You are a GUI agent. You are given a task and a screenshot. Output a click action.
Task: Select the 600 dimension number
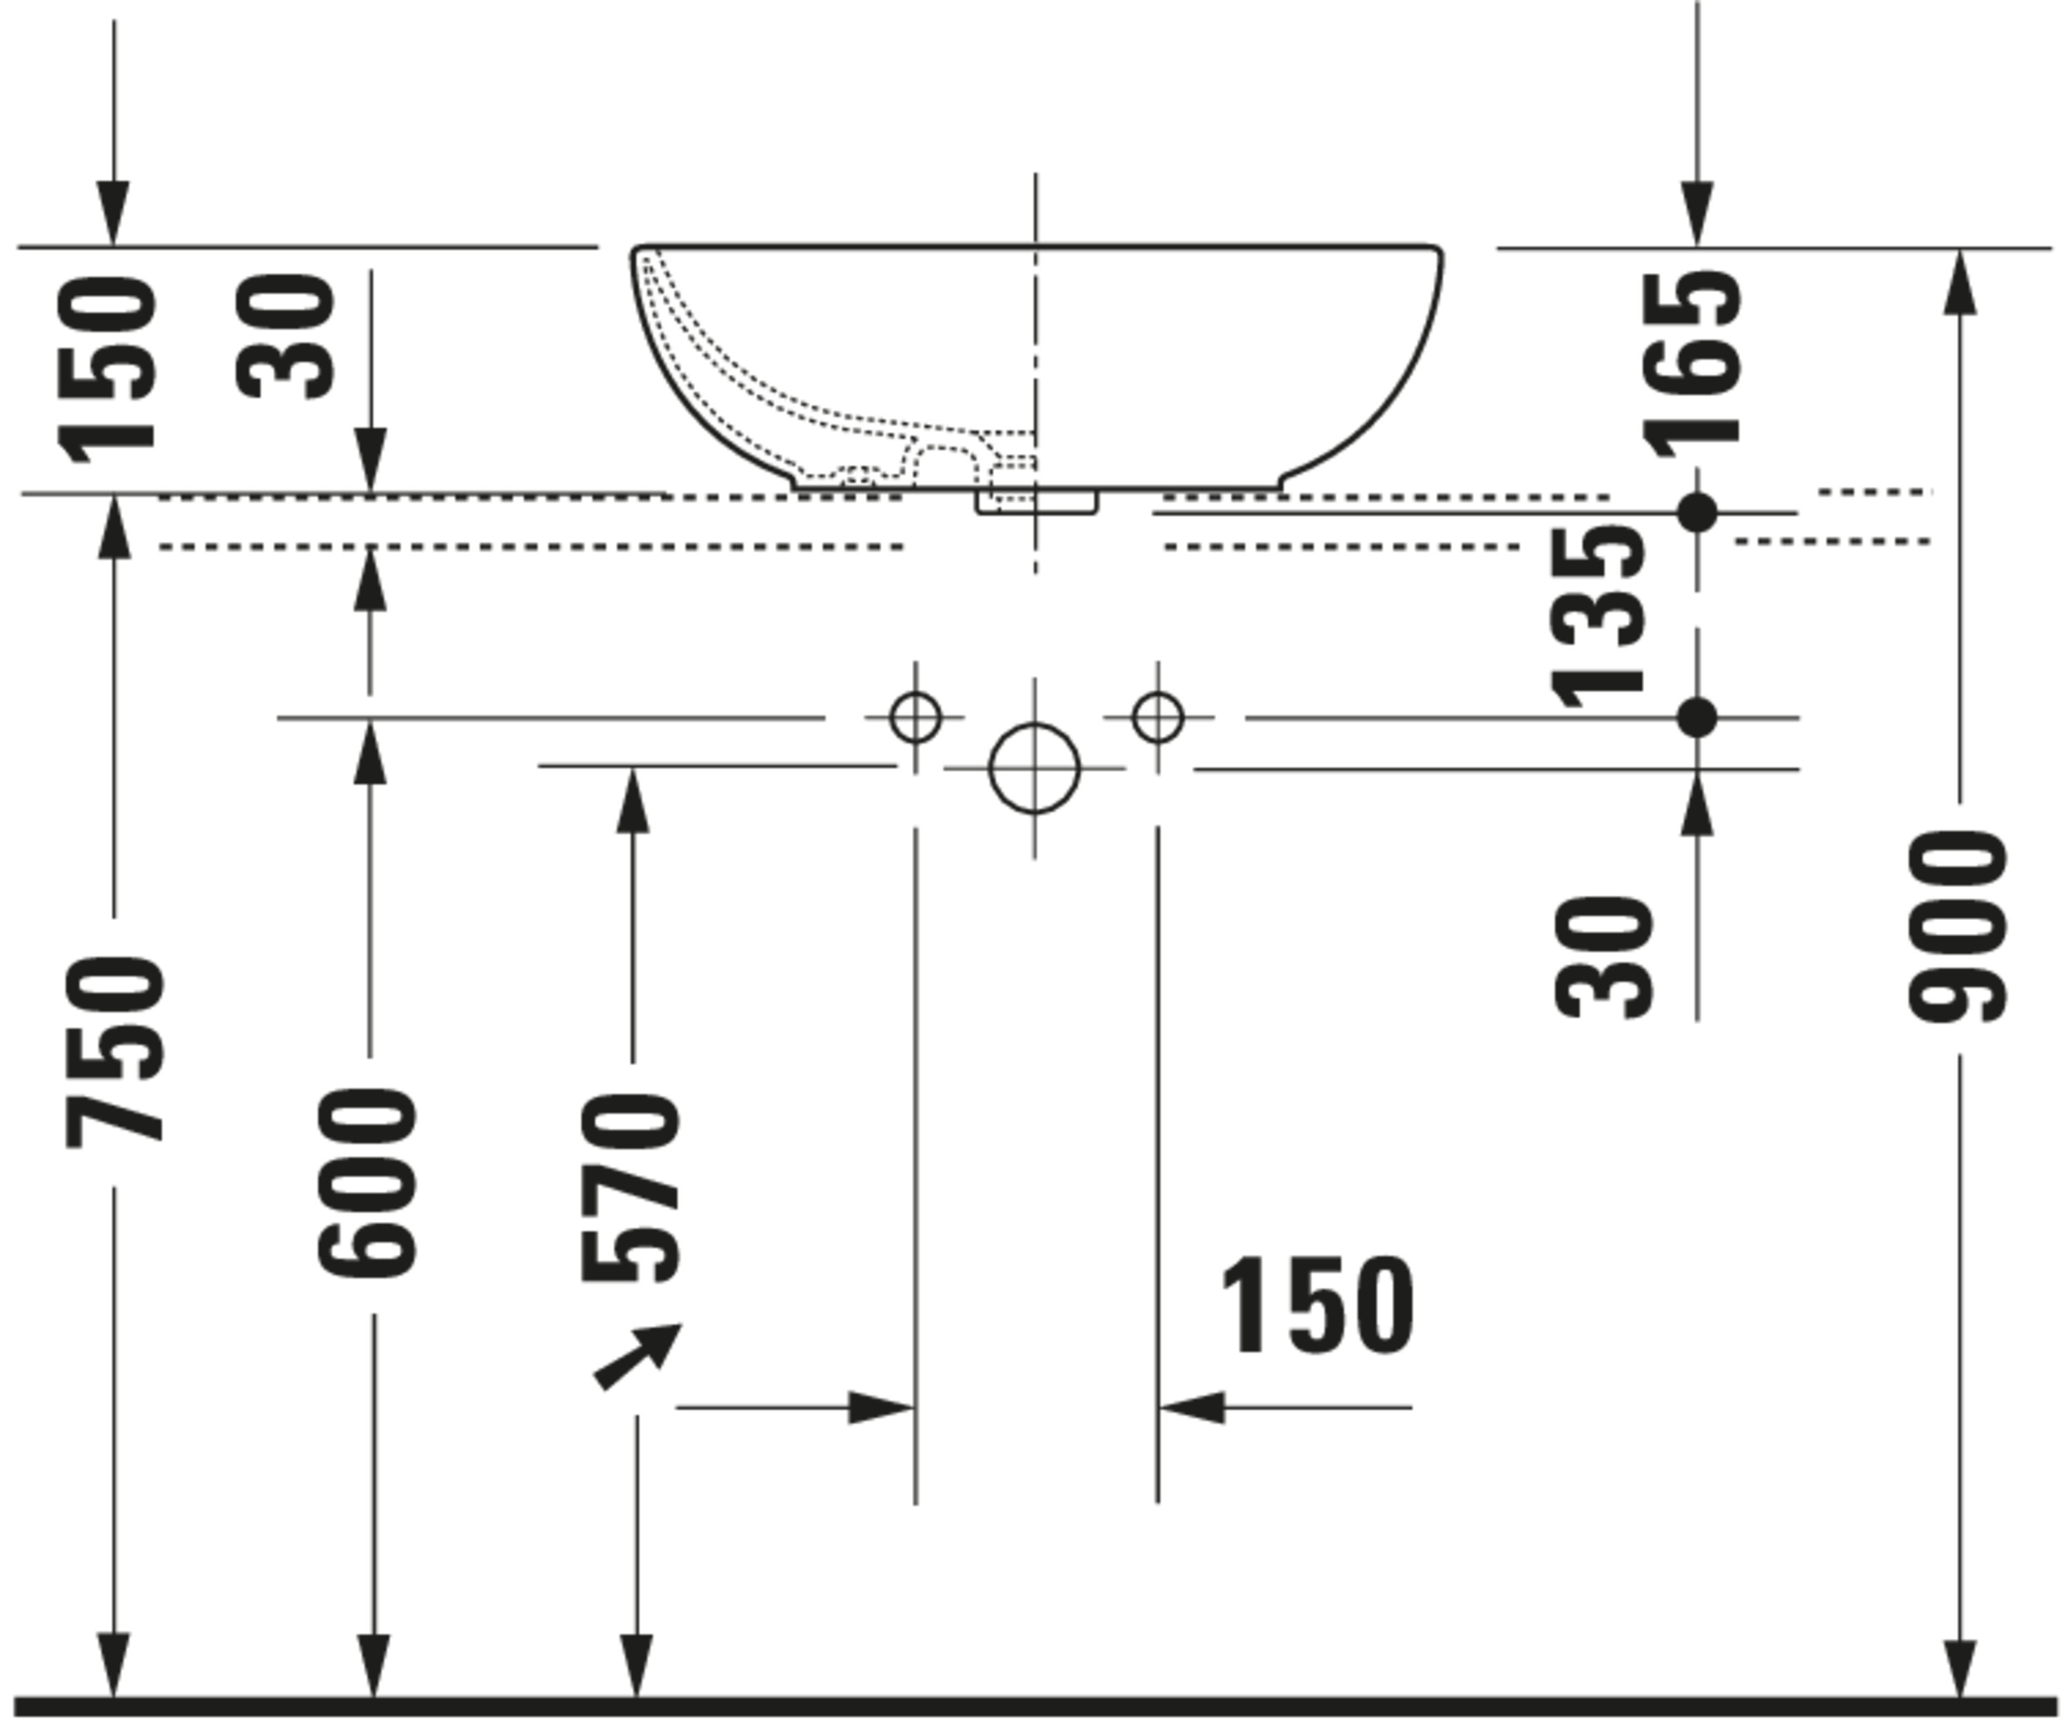[x=367, y=1183]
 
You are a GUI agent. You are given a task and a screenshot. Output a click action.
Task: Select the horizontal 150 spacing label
[x=1317, y=1305]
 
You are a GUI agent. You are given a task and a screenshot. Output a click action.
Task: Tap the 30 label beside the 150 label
[x=285, y=336]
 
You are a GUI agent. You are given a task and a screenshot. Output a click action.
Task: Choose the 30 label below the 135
[x=1602, y=956]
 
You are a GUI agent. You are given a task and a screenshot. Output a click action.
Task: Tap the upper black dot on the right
[x=1696, y=512]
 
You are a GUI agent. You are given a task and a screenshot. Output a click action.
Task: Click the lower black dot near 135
[x=1696, y=717]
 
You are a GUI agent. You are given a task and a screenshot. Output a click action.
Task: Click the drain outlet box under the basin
[x=1036, y=501]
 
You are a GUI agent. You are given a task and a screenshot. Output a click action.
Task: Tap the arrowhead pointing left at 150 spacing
[x=1193, y=1407]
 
